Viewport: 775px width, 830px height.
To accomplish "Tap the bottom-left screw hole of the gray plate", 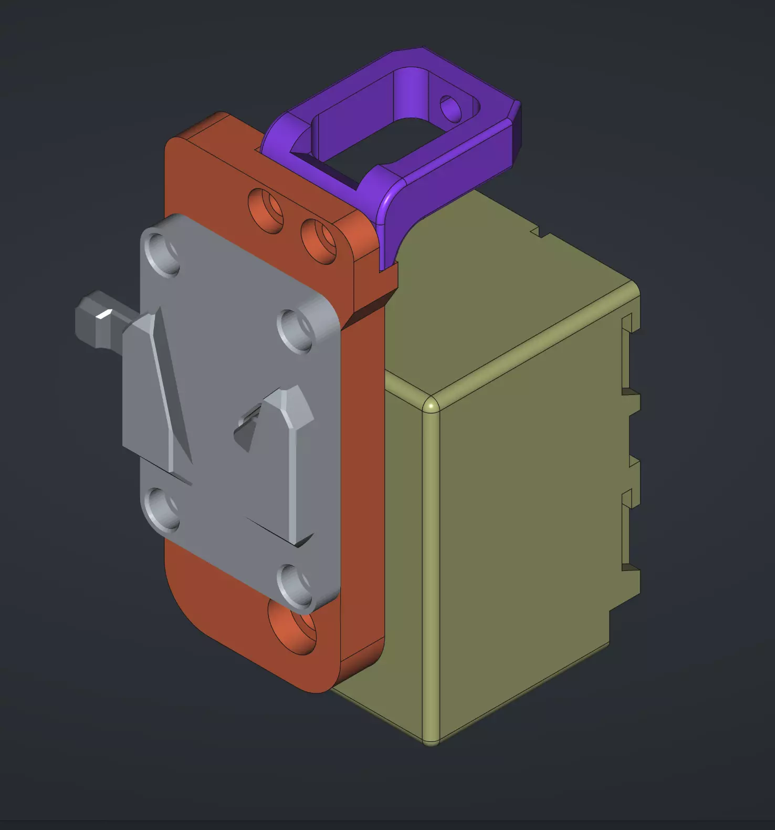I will (162, 509).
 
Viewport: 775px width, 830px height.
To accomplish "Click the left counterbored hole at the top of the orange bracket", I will (266, 210).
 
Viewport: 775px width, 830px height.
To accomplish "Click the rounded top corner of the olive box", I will (431, 406).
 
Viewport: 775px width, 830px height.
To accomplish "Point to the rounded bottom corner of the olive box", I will (431, 741).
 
